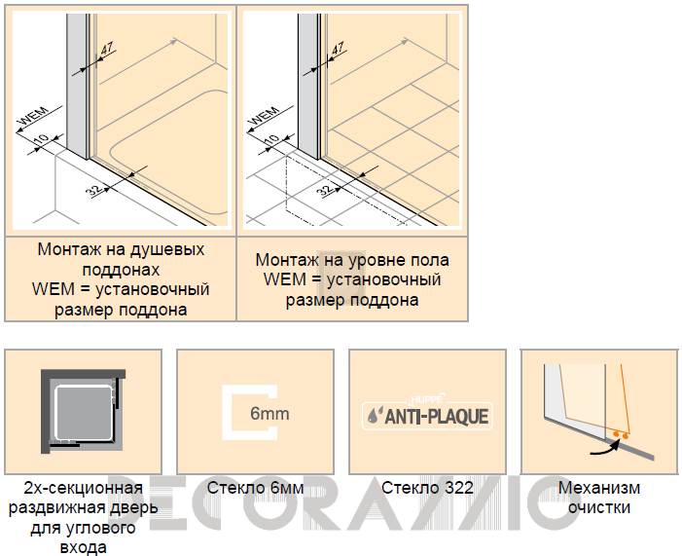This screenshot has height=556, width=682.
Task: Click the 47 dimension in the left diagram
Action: click(107, 49)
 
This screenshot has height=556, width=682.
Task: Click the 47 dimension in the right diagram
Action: click(338, 49)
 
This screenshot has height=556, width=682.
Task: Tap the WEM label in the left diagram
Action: click(35, 117)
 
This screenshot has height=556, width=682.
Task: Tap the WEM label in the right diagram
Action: click(266, 117)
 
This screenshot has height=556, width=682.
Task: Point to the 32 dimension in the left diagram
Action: click(94, 190)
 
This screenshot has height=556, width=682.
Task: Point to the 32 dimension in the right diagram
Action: click(326, 190)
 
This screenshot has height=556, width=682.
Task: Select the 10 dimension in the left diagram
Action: click(42, 139)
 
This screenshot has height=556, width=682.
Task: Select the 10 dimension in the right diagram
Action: click(272, 139)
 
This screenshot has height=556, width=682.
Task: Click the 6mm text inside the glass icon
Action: click(269, 413)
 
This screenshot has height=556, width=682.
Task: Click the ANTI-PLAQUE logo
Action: click(427, 416)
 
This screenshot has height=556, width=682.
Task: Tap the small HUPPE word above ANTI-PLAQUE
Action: click(427, 399)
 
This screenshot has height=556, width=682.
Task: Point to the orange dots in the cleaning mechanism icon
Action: click(621, 434)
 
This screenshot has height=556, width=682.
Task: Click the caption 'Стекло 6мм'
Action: click(255, 488)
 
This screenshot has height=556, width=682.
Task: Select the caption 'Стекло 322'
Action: click(427, 488)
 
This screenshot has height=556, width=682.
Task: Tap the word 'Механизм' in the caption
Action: click(599, 488)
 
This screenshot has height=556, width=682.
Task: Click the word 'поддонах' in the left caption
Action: click(121, 270)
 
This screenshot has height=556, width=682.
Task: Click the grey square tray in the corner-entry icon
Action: click(84, 412)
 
